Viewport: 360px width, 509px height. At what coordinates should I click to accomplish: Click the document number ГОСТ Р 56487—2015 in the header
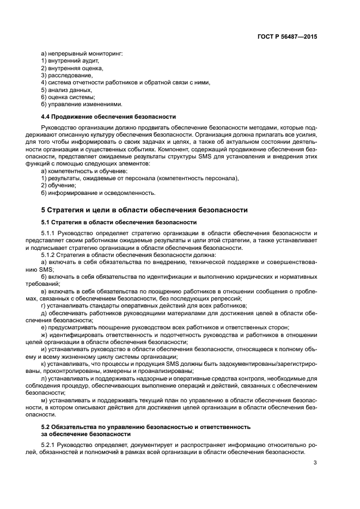tap(287, 37)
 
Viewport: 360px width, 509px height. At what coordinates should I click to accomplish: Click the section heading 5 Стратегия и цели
tap(144, 210)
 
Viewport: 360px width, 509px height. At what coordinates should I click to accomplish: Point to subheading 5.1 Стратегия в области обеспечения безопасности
tap(119, 222)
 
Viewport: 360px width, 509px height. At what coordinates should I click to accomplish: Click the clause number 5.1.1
tap(50, 233)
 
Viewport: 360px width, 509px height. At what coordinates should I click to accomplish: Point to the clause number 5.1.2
tap(50, 255)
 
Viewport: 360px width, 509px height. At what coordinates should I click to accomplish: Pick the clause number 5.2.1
tap(50, 445)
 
